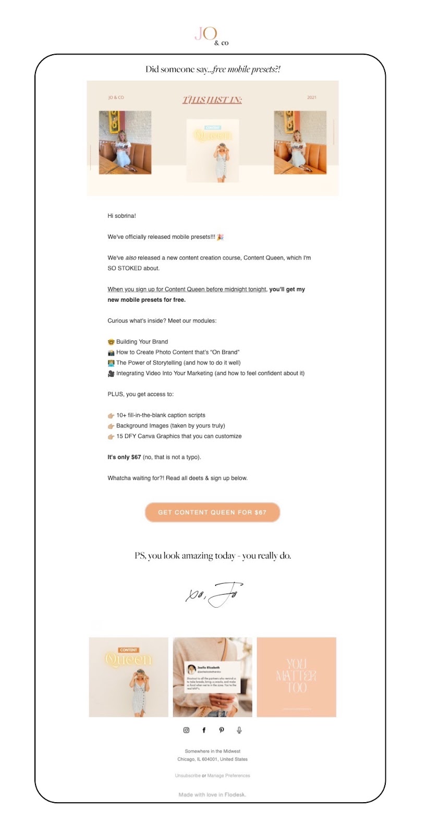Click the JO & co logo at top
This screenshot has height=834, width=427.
211,35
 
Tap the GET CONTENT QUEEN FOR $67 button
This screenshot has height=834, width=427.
212,512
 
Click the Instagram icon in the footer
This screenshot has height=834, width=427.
186,730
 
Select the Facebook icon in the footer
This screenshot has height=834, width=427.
204,730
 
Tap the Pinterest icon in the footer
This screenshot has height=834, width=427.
222,730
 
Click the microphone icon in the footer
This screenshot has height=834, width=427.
239,730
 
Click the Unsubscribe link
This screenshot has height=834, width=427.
188,776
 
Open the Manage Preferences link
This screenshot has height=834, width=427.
228,776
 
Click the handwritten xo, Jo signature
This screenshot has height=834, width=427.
214,595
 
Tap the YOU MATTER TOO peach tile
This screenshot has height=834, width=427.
296,677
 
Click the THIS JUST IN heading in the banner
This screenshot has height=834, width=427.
212,100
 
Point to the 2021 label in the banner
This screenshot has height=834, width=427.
312,97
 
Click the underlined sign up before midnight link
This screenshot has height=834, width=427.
187,289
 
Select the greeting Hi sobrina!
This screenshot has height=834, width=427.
121,216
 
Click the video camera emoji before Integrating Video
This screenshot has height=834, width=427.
111,374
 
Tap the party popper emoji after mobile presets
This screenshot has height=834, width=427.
220,237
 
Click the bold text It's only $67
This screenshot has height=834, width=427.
124,457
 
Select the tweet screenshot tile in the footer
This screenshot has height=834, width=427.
212,677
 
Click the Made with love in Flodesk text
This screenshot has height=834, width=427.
212,795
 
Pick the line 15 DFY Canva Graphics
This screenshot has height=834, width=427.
179,436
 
